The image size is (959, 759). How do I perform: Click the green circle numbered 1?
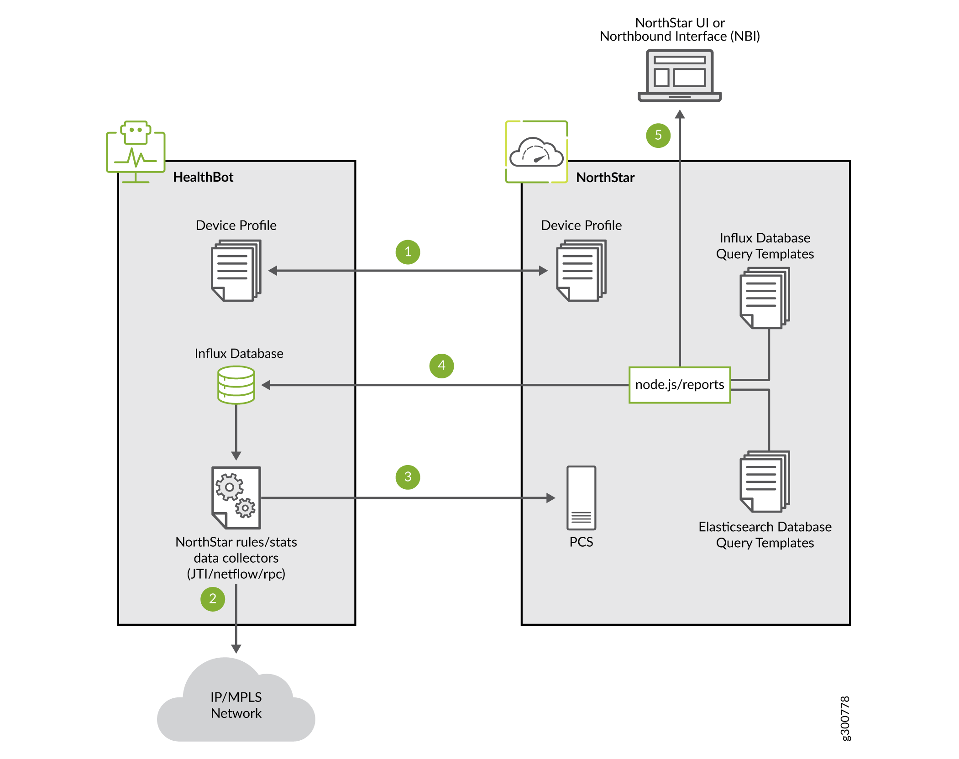click(408, 252)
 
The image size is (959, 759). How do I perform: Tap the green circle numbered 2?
click(213, 599)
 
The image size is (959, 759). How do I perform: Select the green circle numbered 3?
click(408, 477)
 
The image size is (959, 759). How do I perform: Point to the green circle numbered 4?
click(441, 366)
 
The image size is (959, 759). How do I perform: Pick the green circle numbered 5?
click(658, 135)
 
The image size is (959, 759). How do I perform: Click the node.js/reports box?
click(679, 385)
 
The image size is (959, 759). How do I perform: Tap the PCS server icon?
click(581, 498)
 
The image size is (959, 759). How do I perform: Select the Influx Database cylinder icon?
click(236, 385)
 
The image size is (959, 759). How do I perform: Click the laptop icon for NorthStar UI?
click(679, 76)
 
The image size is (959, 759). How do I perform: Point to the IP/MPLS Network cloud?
click(236, 703)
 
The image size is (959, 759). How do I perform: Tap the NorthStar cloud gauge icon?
click(536, 152)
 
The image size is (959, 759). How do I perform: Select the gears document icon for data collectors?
click(236, 497)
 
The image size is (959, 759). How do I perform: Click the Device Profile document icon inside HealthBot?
click(236, 271)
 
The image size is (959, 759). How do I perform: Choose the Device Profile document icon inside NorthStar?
click(581, 271)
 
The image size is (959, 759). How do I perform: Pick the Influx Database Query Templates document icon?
click(765, 298)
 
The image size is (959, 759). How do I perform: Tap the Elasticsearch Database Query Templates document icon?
click(765, 482)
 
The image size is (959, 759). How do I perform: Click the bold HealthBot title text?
click(203, 177)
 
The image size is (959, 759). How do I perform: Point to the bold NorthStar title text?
click(605, 178)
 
